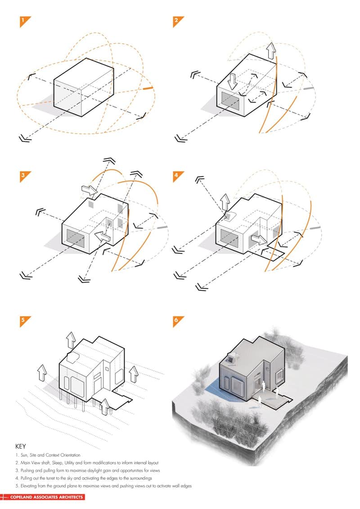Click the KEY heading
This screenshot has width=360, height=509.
[21, 446]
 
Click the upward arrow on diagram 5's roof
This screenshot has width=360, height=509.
[71, 341]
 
